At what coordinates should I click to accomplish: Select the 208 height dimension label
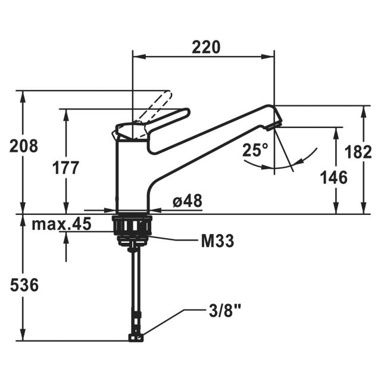coord(24,146)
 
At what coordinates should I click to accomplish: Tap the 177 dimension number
coord(65,168)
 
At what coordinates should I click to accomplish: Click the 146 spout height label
coord(333,177)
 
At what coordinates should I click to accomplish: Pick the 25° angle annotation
coord(255,151)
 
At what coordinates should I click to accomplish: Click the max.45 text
coord(63,224)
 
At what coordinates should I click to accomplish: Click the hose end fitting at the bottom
coord(136,338)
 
